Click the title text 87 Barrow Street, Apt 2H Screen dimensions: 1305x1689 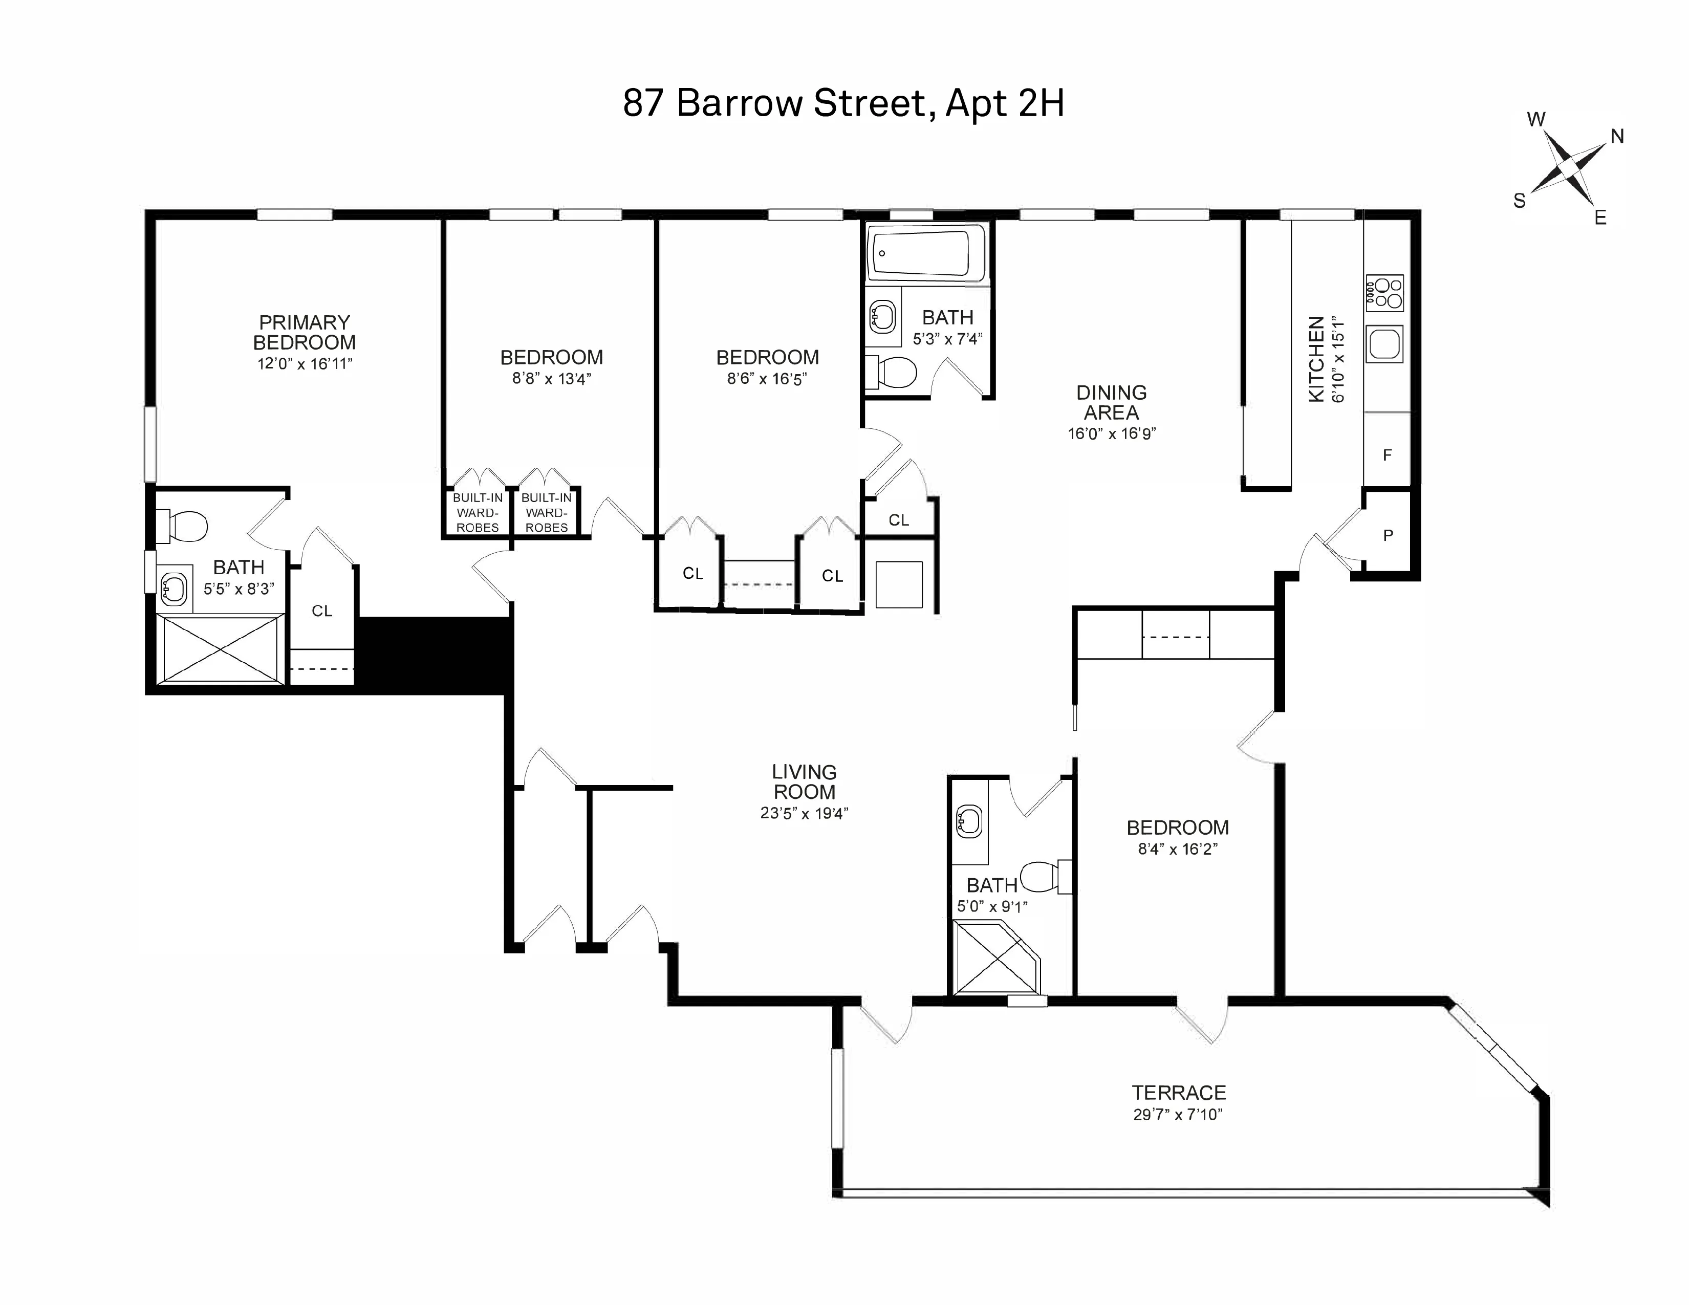click(x=843, y=103)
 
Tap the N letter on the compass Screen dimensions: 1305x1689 click(x=1617, y=137)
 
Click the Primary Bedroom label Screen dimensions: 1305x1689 click(x=304, y=333)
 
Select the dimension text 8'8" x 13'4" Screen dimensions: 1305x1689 click(x=551, y=379)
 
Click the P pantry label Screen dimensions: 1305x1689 click(x=1388, y=535)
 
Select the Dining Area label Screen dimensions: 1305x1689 click(x=1111, y=403)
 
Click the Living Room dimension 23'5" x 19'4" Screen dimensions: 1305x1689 click(x=804, y=813)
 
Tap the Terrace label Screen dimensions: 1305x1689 click(x=1179, y=1093)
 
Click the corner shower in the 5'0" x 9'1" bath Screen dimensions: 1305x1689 click(x=995, y=959)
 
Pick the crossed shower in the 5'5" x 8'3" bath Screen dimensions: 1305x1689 click(x=221, y=649)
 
